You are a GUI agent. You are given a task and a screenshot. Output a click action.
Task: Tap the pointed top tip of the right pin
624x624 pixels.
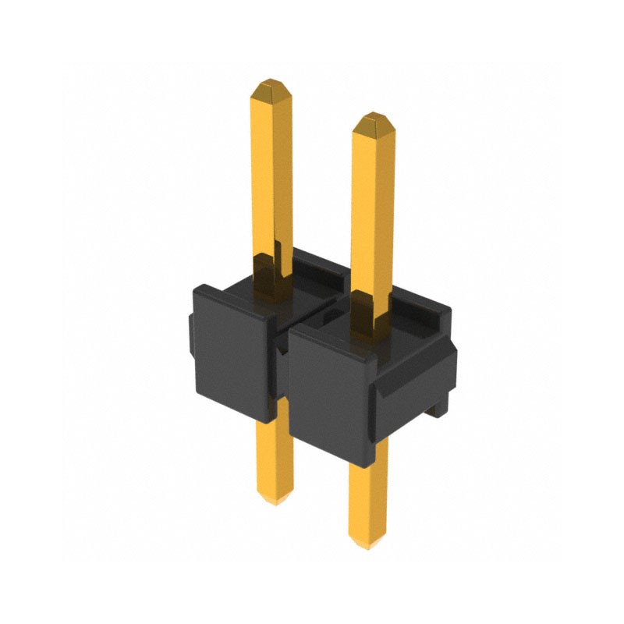tap(373, 119)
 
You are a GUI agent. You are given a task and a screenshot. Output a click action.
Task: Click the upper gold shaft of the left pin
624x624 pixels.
tap(271, 172)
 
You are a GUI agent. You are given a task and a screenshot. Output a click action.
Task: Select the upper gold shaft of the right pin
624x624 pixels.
tap(373, 211)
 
